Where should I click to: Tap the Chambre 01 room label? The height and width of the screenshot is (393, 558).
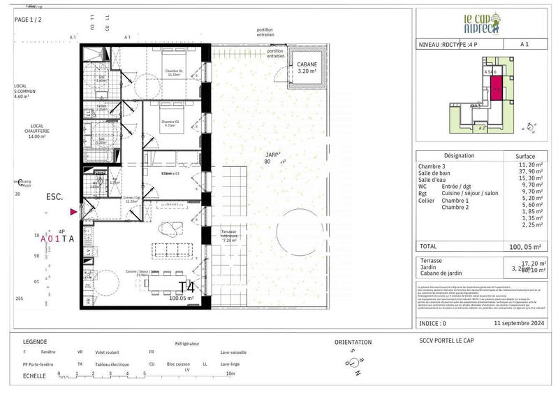[174, 73]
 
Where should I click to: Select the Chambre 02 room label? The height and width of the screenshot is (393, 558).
[174, 124]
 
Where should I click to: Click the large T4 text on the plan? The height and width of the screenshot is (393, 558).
[186, 286]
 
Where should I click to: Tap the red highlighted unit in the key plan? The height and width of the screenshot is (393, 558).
[496, 89]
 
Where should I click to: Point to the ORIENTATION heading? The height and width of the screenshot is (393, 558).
[353, 343]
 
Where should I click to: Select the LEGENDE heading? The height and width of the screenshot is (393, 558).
[35, 342]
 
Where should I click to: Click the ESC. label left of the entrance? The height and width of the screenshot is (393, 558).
[55, 198]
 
